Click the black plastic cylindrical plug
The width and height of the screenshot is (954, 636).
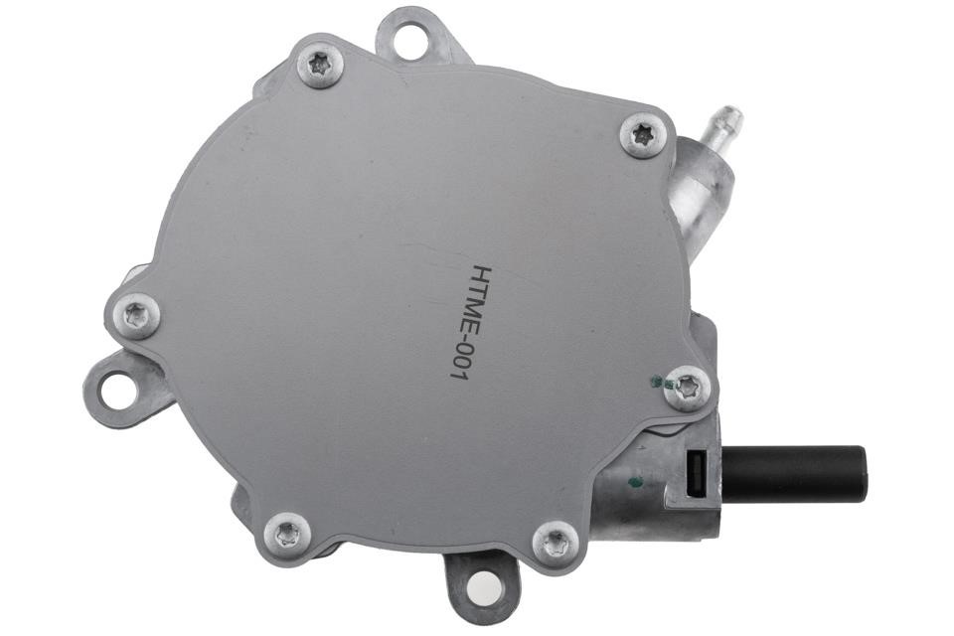[795, 475]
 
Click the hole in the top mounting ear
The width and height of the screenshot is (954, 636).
[410, 39]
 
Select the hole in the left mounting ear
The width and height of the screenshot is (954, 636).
[117, 391]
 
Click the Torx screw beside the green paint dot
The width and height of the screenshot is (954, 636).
[688, 388]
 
